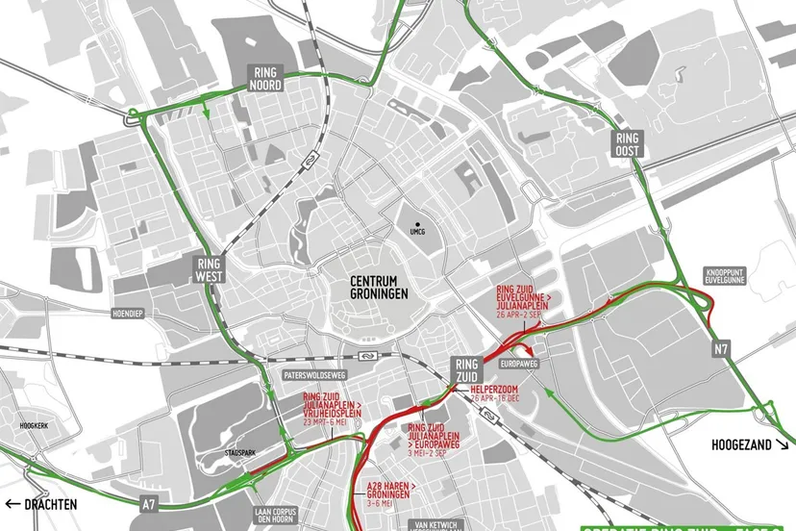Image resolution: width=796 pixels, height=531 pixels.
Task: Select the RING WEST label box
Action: click(209, 269)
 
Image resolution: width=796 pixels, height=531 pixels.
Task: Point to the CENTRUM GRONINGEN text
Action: click(379, 287)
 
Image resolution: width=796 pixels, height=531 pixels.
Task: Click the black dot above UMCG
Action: click(418, 223)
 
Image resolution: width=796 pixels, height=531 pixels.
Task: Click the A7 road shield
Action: click(148, 503)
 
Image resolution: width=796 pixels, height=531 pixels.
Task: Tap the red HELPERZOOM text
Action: click(496, 389)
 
